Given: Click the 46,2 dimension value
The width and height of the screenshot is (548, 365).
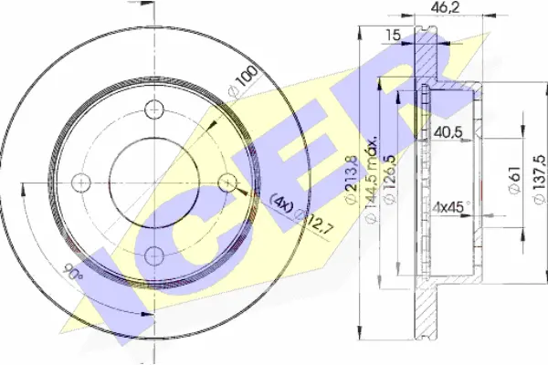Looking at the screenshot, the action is click(445, 7).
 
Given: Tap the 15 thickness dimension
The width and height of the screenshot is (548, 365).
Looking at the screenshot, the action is click(393, 36).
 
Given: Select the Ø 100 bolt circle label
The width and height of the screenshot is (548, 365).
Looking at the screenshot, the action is click(243, 80).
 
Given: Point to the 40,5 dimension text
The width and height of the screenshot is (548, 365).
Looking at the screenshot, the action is click(448, 132).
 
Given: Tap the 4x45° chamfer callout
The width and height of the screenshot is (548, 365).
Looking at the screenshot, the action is click(451, 207).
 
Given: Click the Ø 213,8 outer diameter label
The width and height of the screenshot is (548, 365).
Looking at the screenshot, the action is click(352, 179).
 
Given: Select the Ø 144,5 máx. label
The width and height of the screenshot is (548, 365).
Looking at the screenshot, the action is click(372, 179).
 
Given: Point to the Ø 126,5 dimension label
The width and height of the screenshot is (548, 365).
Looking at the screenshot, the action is click(389, 179).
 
